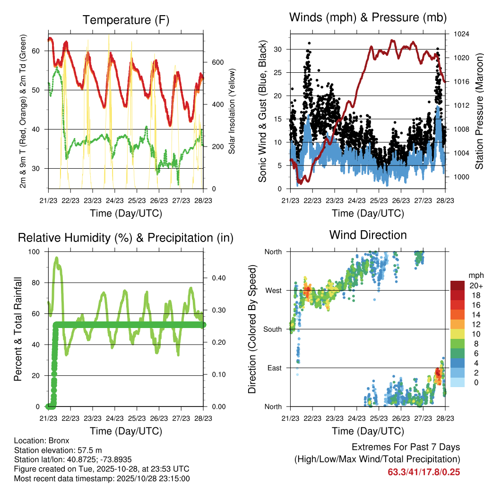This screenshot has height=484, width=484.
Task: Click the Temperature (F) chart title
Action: pos(126,20)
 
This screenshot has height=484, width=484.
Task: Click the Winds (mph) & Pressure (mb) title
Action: pos(368,17)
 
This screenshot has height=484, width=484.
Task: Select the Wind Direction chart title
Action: pos(368,234)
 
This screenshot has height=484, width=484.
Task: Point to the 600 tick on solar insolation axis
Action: pos(217,62)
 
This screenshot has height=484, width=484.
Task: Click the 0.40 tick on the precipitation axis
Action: pos(217,278)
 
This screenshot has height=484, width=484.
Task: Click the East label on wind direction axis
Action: pos(274,368)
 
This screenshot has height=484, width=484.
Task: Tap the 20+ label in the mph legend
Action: pos(473,286)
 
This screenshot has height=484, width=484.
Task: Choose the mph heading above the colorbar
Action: pos(475,275)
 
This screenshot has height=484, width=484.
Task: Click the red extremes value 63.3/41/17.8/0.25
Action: pos(424,472)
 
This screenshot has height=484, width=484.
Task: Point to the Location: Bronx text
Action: pos(42,441)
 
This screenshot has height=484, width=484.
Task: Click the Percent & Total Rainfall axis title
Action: pos(17,329)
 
